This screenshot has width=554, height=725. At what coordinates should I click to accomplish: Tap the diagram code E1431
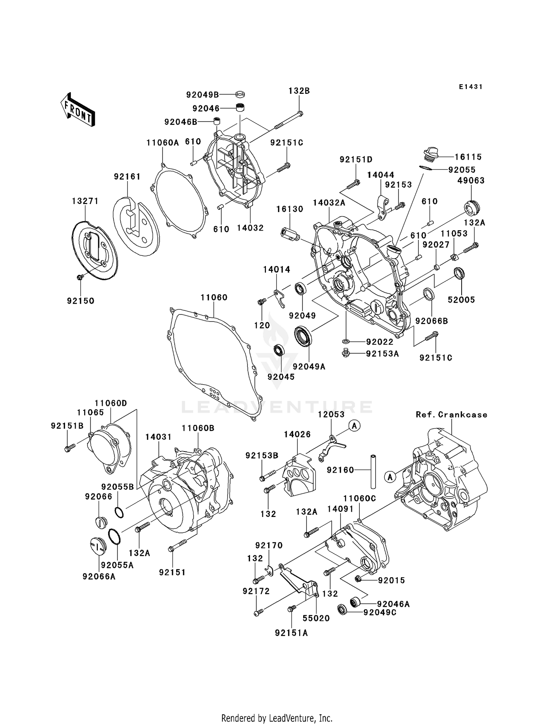click(x=471, y=87)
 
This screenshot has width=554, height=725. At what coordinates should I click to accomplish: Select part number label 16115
click(x=468, y=157)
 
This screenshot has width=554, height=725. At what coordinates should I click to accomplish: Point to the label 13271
click(x=85, y=201)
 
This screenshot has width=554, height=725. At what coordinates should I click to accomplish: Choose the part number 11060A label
click(x=163, y=143)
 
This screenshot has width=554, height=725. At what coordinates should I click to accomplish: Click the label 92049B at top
click(x=202, y=95)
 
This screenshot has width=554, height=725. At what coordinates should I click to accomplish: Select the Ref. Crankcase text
click(x=451, y=415)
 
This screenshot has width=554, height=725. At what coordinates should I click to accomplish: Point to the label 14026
click(x=297, y=435)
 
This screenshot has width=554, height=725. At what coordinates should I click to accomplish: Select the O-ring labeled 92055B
click(x=119, y=512)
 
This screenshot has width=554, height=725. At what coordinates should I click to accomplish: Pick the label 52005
click(x=461, y=300)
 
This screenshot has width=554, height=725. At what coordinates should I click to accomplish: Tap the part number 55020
click(x=316, y=618)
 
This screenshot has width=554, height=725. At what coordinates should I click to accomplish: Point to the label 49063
click(x=471, y=181)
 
